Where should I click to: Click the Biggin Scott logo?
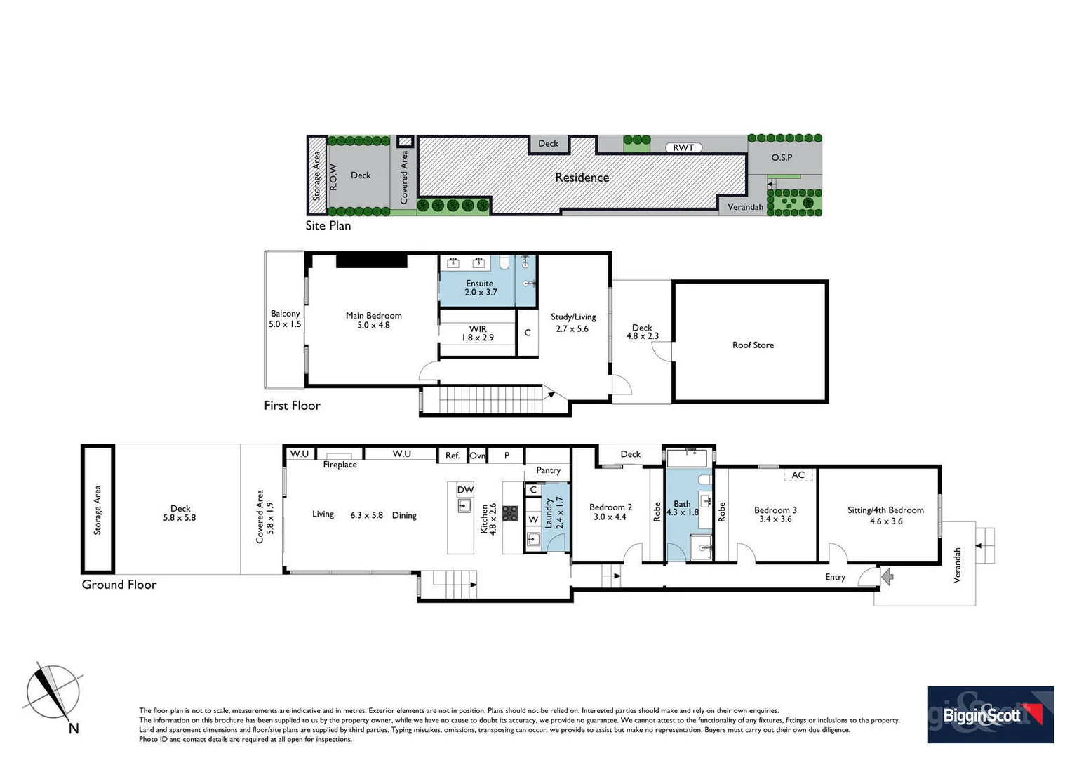point(990,714)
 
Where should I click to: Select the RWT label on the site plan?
point(683,147)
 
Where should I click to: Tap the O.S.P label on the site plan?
point(782,157)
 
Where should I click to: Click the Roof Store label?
point(753,345)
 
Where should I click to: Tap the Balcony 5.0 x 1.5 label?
point(285,319)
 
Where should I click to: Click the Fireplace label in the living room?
point(340,465)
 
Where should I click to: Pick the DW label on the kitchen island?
point(465,489)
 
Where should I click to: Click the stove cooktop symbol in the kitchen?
point(510,514)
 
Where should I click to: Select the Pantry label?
point(548,470)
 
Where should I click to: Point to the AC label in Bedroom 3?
point(798,475)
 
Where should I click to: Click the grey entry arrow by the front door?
point(887,577)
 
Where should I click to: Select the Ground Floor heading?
point(119,585)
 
